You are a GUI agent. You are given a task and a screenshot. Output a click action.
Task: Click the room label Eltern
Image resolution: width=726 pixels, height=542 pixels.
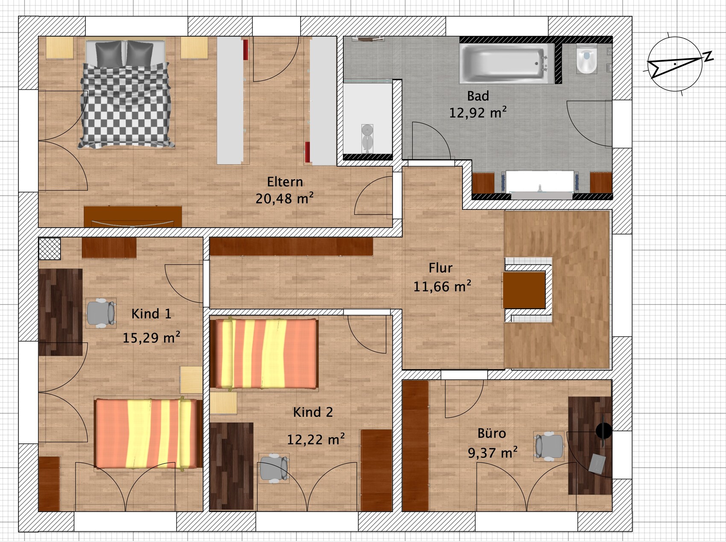point(285,182)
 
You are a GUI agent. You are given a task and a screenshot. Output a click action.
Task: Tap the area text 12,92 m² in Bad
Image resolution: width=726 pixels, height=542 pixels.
point(478,112)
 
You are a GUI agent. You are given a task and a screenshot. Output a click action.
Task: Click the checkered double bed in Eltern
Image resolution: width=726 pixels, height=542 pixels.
point(126,94)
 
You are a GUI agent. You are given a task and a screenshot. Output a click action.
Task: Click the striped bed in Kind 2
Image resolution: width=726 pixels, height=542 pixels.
point(264,353)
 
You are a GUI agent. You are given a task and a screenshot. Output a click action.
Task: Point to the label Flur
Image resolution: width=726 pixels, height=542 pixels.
point(440,268)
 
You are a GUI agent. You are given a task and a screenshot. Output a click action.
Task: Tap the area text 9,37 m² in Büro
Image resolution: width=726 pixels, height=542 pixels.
point(493,452)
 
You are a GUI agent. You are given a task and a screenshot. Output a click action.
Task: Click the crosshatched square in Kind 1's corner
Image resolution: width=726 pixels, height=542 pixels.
point(50,249)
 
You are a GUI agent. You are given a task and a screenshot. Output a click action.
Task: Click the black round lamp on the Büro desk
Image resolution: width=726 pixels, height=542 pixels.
point(604,431)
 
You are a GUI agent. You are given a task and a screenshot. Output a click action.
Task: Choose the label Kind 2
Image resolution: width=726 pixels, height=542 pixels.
point(313,412)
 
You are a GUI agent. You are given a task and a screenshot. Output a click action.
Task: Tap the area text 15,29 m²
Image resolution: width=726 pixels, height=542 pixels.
point(151,338)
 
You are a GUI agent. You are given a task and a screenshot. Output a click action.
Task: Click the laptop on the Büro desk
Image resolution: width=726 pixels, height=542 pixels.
point(597,463)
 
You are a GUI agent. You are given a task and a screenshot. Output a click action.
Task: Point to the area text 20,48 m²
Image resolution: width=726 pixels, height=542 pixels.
point(285,199)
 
